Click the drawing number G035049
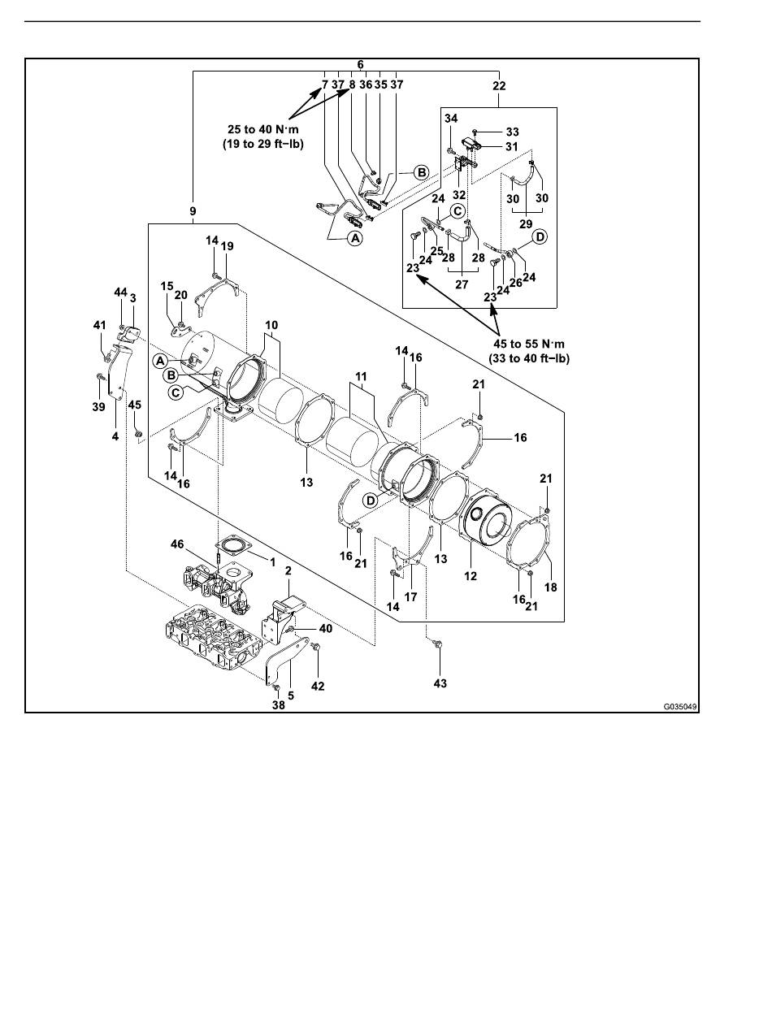click(680, 707)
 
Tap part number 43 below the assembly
click(440, 682)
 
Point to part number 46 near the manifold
click(177, 544)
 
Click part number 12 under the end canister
click(471, 576)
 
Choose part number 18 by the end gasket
click(551, 587)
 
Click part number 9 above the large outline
click(193, 211)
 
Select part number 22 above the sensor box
click(499, 85)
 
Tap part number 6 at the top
click(360, 64)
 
